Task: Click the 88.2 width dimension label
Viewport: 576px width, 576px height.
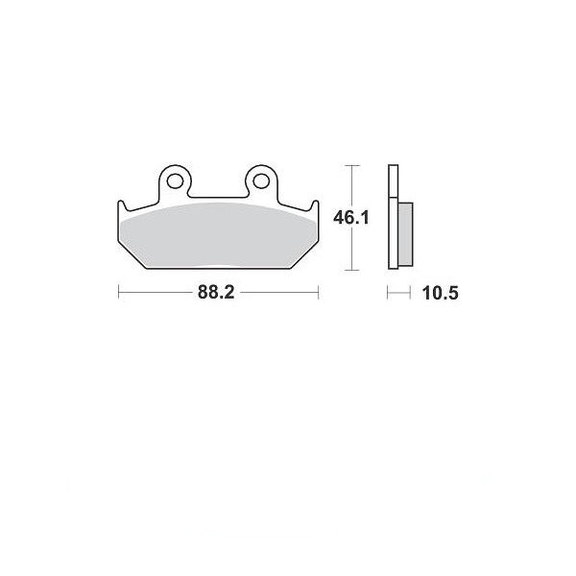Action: (x=216, y=293)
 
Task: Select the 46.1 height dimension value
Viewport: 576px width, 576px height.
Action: (x=350, y=218)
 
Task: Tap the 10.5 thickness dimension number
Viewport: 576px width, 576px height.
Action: (x=440, y=293)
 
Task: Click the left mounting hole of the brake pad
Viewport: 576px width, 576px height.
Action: (x=175, y=180)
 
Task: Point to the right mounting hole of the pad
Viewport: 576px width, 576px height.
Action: (x=261, y=180)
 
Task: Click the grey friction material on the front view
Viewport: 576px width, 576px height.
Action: (x=218, y=235)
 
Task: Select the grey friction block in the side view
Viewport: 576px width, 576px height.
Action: (x=405, y=233)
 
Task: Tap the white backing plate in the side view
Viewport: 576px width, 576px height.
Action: (x=393, y=217)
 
